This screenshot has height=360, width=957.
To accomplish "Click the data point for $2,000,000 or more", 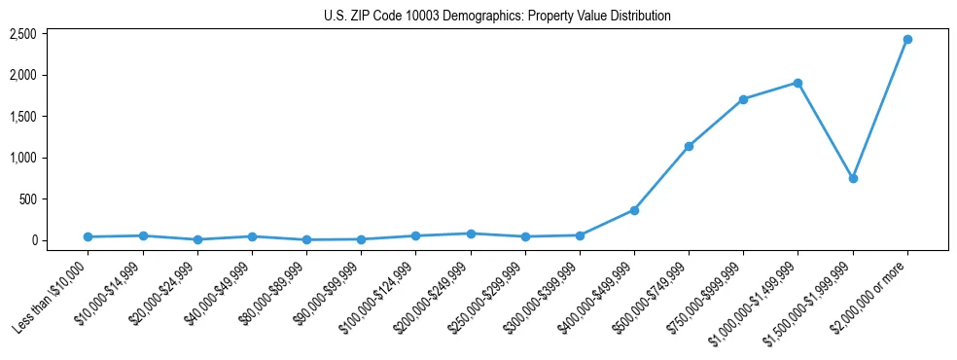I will [x=906, y=40].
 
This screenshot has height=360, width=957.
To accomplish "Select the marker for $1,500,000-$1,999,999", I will [x=852, y=178].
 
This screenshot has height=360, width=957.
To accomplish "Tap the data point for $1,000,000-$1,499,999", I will [x=797, y=83].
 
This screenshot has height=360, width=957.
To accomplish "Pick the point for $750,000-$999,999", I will [x=743, y=99].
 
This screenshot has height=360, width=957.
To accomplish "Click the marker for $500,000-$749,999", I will [x=689, y=146].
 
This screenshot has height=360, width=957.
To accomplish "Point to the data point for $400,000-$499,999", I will [x=634, y=210].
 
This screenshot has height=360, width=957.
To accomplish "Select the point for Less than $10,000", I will [x=89, y=236].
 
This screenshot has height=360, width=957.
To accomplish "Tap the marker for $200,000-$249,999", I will [x=471, y=234].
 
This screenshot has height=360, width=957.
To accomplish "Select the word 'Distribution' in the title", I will [x=636, y=17].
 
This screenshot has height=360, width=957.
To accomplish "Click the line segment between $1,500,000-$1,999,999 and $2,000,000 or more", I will [x=879, y=109].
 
